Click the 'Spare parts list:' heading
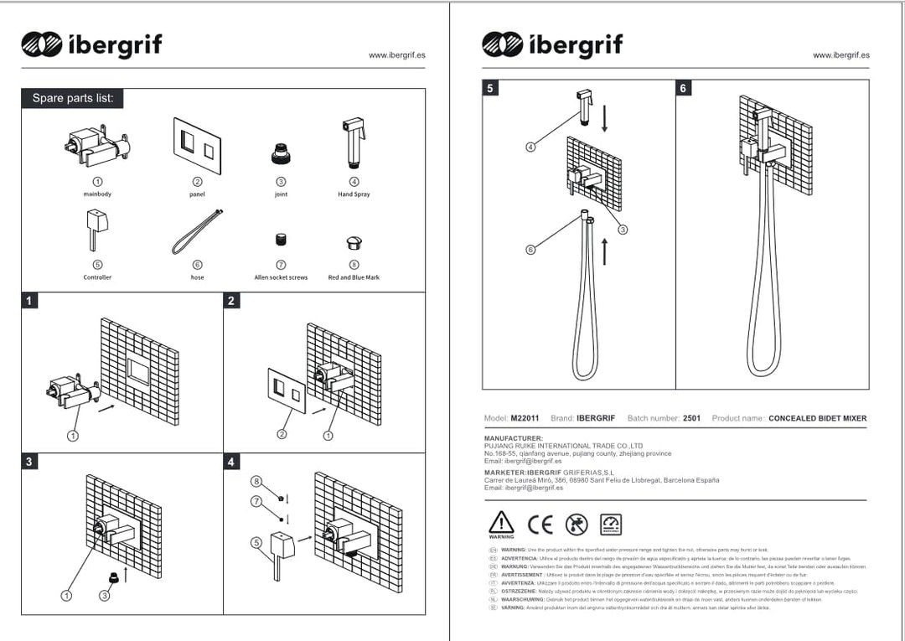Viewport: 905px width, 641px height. pyautogui.click(x=73, y=98)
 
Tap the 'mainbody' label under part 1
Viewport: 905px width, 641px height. pyautogui.click(x=97, y=194)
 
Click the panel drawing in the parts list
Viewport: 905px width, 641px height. pyautogui.click(x=197, y=145)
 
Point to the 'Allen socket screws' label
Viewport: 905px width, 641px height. pyautogui.click(x=281, y=277)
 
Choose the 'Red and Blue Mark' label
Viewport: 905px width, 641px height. pyautogui.click(x=354, y=277)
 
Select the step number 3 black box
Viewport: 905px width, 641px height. pyautogui.click(x=29, y=462)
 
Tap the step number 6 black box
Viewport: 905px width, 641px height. pyautogui.click(x=684, y=88)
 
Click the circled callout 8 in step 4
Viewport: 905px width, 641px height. pyautogui.click(x=257, y=481)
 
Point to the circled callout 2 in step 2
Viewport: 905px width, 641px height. pyautogui.click(x=282, y=434)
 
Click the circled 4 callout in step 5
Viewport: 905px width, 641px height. pyautogui.click(x=530, y=147)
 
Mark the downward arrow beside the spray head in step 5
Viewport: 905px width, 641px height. pyautogui.click(x=604, y=118)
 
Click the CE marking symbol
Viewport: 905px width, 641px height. pyautogui.click(x=540, y=525)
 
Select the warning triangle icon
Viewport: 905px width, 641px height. pyautogui.click(x=501, y=523)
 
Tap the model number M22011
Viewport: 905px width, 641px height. pyautogui.click(x=525, y=418)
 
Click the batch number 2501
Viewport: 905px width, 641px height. pyautogui.click(x=691, y=418)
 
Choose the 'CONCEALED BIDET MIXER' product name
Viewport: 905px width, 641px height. pyautogui.click(x=817, y=418)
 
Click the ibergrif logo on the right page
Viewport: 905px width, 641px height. pyautogui.click(x=552, y=44)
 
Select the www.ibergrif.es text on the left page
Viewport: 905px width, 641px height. pyautogui.click(x=396, y=55)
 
